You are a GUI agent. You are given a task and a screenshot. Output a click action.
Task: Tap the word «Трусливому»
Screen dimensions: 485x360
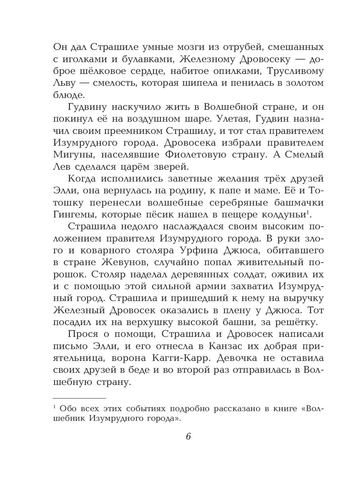point(280,71)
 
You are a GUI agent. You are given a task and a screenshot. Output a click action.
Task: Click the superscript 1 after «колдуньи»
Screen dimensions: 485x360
point(309,212)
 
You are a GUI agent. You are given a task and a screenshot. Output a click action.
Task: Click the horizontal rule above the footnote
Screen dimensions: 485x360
point(80,398)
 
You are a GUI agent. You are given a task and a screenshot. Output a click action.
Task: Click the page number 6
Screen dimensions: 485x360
point(188,436)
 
